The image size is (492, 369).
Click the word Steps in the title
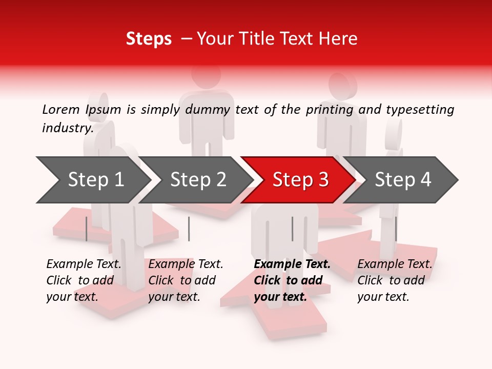click(149, 39)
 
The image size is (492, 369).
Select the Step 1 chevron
click(95, 180)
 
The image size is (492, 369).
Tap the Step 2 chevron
click(198, 180)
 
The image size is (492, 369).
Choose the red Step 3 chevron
click(300, 180)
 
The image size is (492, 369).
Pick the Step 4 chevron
click(403, 180)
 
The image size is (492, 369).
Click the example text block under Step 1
click(84, 280)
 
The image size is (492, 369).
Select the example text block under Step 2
click(186, 280)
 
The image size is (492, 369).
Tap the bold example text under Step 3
click(292, 280)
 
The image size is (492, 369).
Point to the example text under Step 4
click(395, 280)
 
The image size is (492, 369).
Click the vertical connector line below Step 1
click(86, 229)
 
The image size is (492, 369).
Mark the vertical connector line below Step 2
click(189, 229)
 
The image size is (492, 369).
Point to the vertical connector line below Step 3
click(292, 229)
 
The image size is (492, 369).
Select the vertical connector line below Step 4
click(396, 229)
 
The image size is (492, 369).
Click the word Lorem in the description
click(61, 109)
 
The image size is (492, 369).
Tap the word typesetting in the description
click(420, 110)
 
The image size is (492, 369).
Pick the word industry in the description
click(67, 128)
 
